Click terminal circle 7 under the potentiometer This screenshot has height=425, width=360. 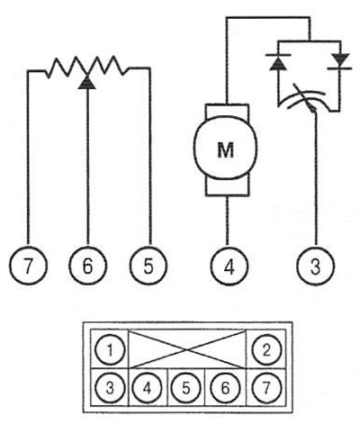click(28, 266)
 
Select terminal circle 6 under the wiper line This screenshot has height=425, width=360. click(87, 266)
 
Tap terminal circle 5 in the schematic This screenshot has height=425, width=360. click(148, 266)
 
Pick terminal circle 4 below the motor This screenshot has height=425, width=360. click(229, 266)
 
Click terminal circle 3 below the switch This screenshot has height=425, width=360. click(315, 266)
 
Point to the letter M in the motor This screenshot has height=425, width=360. click(226, 150)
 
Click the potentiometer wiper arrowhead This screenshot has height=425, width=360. click(87, 83)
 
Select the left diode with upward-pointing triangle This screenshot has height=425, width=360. click(278, 62)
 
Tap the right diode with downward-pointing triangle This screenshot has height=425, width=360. click(340, 61)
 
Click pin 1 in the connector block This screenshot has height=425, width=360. click(110, 349)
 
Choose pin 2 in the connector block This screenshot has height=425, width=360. click(266, 349)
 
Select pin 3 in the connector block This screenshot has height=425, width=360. click(110, 387)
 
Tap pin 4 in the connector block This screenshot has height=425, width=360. click(147, 387)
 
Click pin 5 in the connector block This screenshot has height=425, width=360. click(186, 387)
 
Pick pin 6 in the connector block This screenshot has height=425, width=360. click(225, 387)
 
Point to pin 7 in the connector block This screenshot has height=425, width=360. click(266, 387)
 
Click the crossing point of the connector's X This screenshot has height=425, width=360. click(187, 349)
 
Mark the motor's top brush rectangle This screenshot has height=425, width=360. click(227, 111)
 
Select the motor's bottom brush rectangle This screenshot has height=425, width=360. click(227, 187)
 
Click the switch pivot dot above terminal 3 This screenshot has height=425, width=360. click(313, 110)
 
